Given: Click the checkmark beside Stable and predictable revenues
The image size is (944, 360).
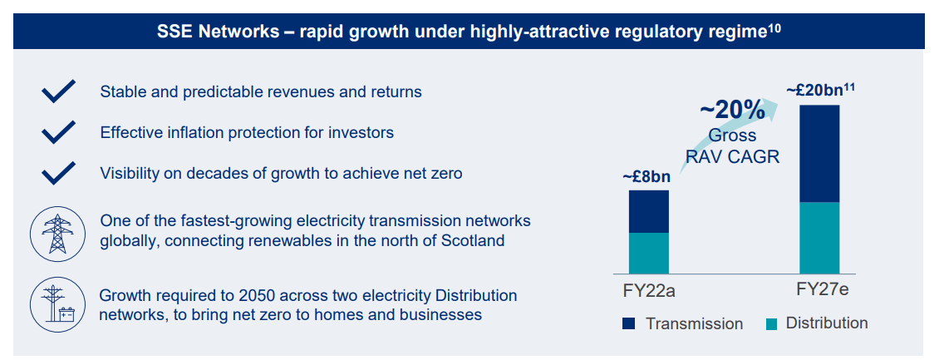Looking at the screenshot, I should tap(59, 91).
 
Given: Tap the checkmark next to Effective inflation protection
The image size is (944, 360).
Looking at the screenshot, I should tap(59, 132).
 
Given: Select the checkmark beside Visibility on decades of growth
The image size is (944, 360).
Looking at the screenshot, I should tap(59, 173).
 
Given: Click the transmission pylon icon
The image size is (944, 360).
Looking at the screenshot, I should tap(59, 231).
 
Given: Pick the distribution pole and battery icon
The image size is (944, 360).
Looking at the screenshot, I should tap(59, 305).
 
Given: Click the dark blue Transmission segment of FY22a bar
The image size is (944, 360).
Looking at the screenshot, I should tap(648, 211).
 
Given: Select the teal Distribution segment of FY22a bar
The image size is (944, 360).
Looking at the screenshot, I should tap(648, 253).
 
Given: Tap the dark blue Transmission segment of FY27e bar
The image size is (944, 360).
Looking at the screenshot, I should tap(819, 153).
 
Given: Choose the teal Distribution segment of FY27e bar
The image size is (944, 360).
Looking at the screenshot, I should tap(819, 237).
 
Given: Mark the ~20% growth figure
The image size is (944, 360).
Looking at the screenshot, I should tap(731, 110).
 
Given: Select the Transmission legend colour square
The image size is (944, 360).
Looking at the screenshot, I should tap(628, 323).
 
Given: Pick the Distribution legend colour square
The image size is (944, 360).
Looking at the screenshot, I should tap(769, 323).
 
